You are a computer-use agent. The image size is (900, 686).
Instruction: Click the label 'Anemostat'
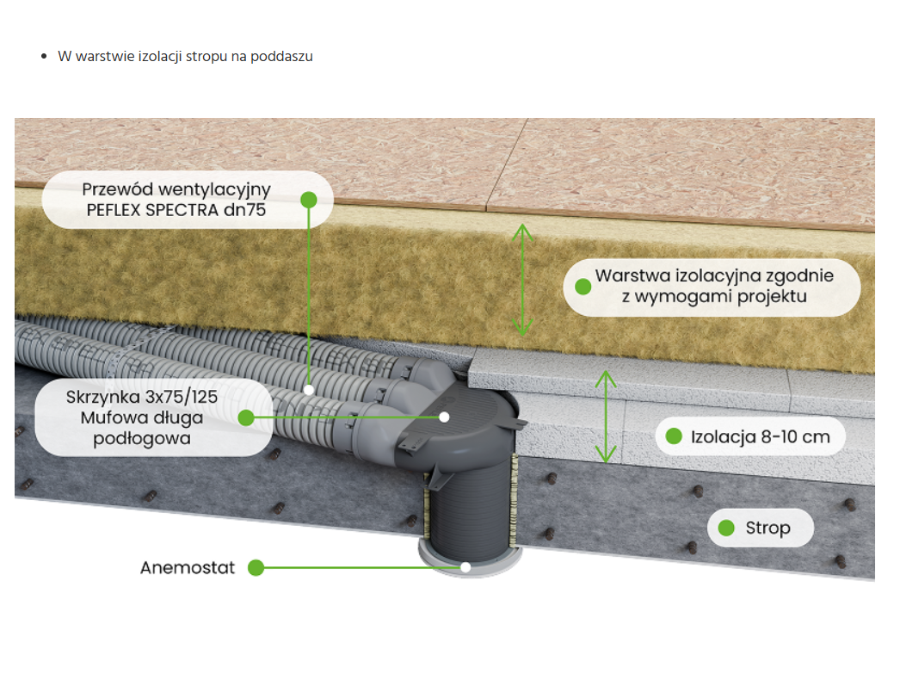tap(188, 568)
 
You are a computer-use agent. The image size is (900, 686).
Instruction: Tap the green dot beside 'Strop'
tap(727, 528)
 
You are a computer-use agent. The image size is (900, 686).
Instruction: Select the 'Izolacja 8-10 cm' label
tap(761, 436)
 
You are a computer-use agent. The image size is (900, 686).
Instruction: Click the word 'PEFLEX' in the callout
tap(118, 210)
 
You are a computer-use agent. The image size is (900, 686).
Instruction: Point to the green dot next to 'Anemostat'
tap(255, 568)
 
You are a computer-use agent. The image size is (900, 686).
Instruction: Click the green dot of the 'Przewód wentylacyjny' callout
tap(309, 200)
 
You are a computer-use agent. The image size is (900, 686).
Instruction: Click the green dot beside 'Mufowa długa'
tap(246, 418)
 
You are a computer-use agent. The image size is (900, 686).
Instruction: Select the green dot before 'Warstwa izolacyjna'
tap(583, 286)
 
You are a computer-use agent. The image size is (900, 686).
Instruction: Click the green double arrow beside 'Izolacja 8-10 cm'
tap(607, 417)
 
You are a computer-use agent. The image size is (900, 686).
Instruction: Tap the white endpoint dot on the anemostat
tap(465, 567)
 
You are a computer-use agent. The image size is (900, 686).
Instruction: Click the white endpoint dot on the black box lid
tap(445, 417)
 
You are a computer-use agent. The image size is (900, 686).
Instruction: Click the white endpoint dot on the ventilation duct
tap(309, 389)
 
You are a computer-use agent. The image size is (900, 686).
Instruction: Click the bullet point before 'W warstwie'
tap(44, 57)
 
